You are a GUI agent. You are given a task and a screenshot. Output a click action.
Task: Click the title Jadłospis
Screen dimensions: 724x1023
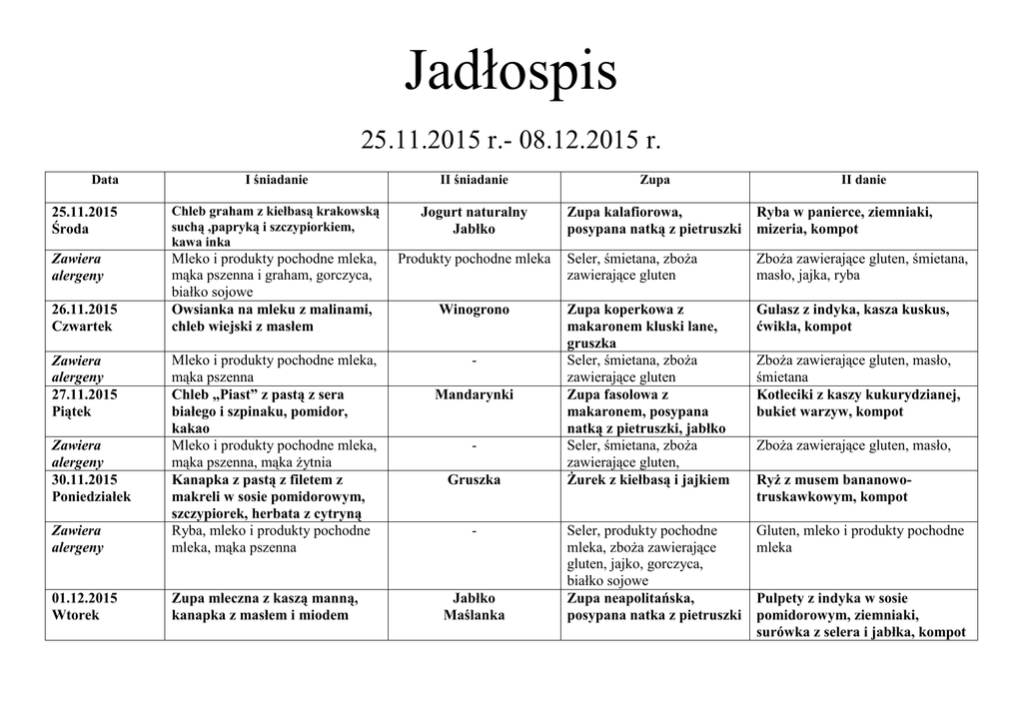point(511,73)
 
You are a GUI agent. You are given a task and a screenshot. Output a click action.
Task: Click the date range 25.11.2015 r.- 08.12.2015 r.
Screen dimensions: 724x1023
point(511,141)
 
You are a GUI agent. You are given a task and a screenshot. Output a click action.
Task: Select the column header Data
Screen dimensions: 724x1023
point(105,181)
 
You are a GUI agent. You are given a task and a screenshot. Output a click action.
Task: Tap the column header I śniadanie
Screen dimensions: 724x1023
point(277,181)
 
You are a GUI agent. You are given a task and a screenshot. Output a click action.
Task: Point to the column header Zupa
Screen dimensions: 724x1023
point(654,181)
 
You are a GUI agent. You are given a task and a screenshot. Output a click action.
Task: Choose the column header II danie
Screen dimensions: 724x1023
point(863,181)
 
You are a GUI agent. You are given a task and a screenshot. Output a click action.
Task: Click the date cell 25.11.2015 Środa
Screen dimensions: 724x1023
point(85,221)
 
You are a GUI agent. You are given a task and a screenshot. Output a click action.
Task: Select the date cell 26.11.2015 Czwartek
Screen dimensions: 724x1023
point(85,318)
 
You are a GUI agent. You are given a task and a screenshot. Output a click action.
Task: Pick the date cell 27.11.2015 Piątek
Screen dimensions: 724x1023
point(85,402)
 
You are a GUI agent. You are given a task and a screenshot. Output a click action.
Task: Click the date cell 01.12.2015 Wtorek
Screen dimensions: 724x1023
point(85,606)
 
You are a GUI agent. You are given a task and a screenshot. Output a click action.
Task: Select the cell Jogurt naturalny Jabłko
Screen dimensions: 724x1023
point(474,221)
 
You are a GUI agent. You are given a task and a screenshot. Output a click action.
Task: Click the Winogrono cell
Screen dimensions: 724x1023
point(474,310)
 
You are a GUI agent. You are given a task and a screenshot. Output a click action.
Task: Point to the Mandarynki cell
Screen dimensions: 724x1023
point(474,394)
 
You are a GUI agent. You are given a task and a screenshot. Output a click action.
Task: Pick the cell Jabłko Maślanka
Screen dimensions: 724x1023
point(474,606)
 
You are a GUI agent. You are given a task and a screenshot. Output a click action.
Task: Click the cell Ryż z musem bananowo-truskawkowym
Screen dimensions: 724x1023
point(834,487)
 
